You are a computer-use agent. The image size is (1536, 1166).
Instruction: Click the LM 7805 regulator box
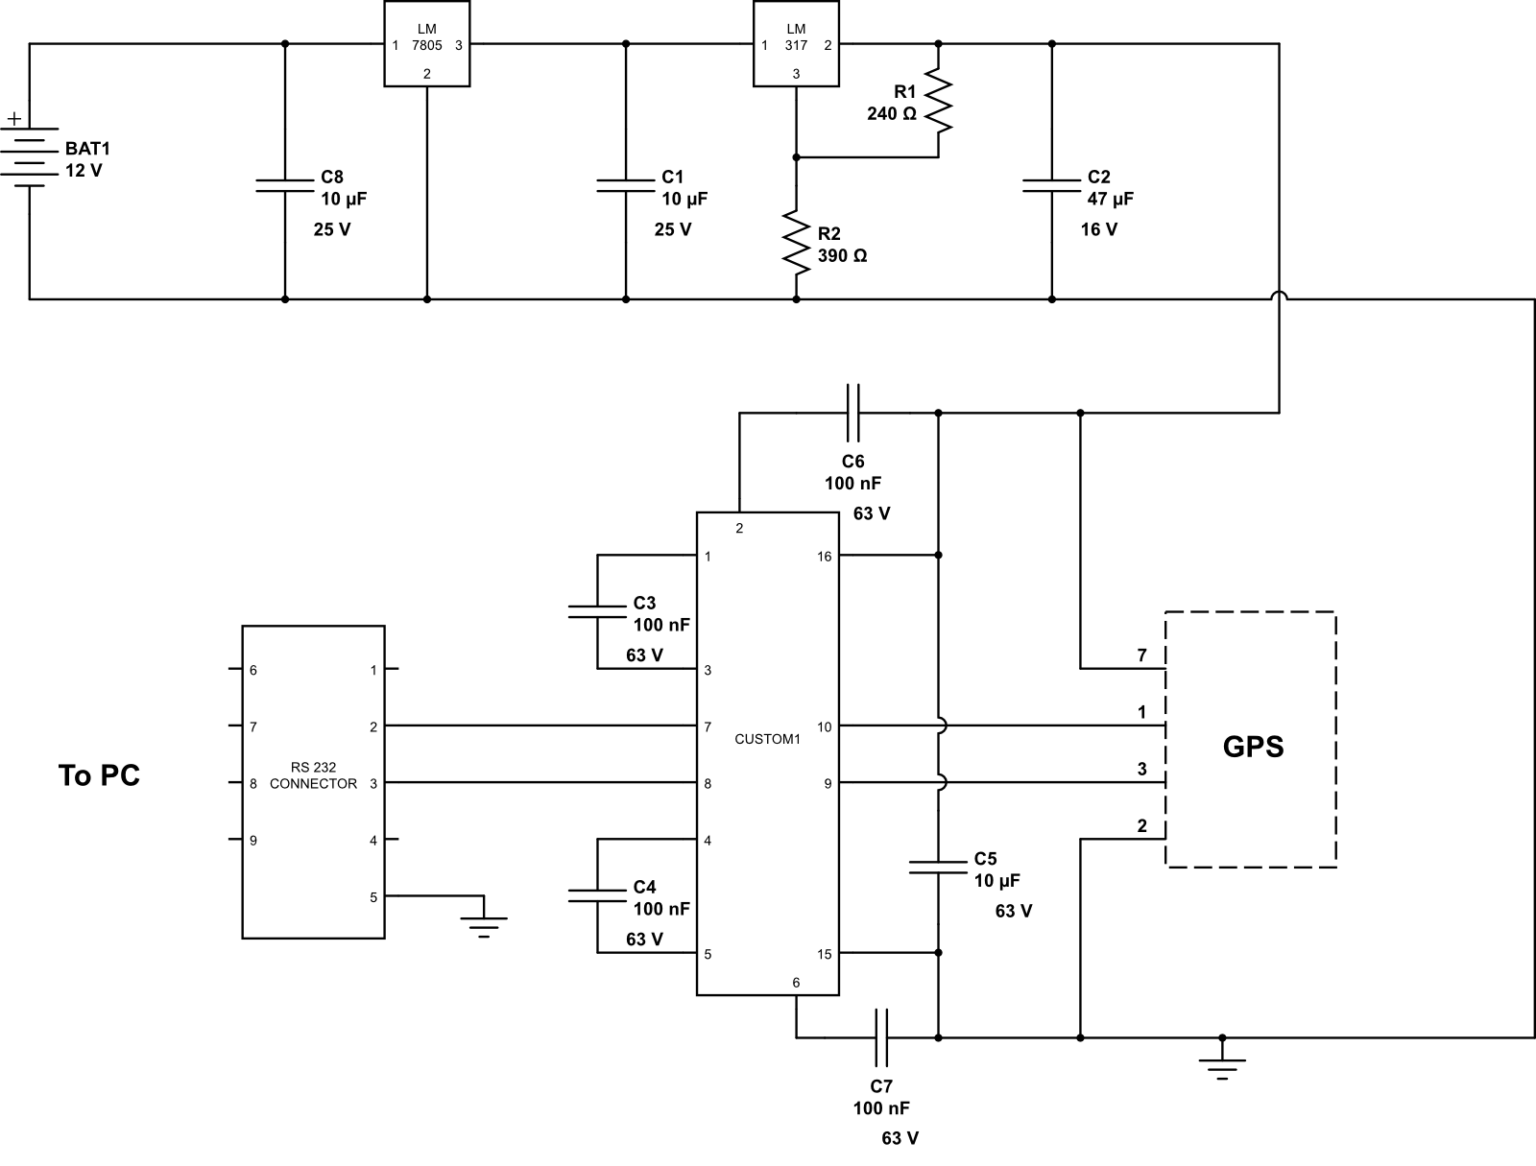pyautogui.click(x=426, y=44)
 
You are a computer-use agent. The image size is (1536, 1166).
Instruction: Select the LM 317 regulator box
pyautogui.click(x=795, y=44)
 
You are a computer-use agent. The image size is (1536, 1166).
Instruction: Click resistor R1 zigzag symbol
pyautogui.click(x=938, y=101)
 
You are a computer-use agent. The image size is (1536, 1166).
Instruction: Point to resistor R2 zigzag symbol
pyautogui.click(x=795, y=241)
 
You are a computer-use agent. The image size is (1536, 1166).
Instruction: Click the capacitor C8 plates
pyautogui.click(x=284, y=184)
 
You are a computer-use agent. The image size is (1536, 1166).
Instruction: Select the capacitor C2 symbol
pyautogui.click(x=1052, y=184)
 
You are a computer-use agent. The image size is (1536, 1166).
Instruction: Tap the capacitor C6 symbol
pyautogui.click(x=852, y=413)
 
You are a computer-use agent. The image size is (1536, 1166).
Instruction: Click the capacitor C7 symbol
pyautogui.click(x=881, y=1037)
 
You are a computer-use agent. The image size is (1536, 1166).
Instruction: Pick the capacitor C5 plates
pyautogui.click(x=938, y=867)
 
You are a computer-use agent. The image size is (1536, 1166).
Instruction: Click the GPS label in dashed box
pyautogui.click(x=1252, y=746)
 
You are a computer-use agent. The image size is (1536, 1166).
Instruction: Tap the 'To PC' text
pyautogui.click(x=99, y=775)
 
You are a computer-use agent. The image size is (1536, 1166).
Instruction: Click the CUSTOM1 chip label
pyautogui.click(x=766, y=740)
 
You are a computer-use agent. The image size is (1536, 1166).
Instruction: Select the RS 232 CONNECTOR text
pyautogui.click(x=313, y=775)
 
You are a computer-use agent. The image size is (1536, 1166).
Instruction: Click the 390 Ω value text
pyautogui.click(x=842, y=256)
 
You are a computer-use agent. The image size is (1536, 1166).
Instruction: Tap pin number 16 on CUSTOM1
pyautogui.click(x=824, y=557)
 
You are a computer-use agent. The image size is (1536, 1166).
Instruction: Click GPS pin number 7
pyautogui.click(x=1141, y=656)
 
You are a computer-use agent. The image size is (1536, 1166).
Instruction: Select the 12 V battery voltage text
pyautogui.click(x=83, y=171)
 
